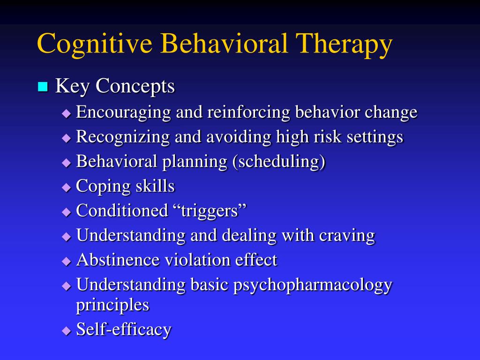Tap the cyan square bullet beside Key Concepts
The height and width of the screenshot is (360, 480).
pos(43,87)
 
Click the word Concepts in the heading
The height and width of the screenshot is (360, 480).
pos(135,87)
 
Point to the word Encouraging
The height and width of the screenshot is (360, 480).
pos(123,112)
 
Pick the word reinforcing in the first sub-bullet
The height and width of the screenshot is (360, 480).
pos(248,112)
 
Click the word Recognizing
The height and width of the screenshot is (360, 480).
pos(123,137)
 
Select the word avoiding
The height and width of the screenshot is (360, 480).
pos(239,137)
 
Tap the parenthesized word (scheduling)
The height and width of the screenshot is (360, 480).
pos(278,162)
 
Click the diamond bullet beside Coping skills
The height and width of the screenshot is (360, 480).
pos(66,187)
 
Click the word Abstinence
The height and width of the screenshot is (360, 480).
pos(118,260)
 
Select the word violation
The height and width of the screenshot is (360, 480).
pos(197,260)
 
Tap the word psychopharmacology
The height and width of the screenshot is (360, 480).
pos(313,285)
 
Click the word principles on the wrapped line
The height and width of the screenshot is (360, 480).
pos(112,305)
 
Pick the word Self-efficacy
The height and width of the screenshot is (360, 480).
pos(124,330)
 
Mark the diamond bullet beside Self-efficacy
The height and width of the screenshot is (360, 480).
pos(66,331)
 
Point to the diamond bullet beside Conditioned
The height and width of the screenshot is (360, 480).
pos(66,212)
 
